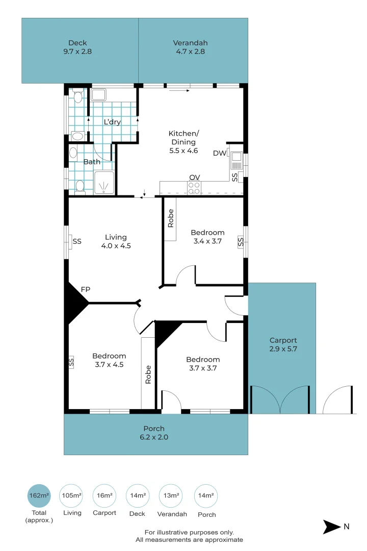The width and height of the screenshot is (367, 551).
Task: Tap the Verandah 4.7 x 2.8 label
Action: pos(190,47)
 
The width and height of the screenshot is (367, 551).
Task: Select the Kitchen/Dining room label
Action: pos(182,142)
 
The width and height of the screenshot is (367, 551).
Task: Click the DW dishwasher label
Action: pos(219,153)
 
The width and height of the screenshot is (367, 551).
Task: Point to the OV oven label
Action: pos(194,177)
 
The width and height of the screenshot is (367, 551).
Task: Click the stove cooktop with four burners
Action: pos(194,188)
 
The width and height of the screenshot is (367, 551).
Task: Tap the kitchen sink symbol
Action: pos(235,161)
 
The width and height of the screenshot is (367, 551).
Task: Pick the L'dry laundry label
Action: pos(112,122)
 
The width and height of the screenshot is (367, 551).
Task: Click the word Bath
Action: pos(92,162)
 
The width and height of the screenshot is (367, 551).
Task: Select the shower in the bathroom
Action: pos(104,183)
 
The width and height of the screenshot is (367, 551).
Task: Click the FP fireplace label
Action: pos(86,290)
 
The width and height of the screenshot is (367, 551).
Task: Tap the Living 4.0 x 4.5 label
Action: pos(116,241)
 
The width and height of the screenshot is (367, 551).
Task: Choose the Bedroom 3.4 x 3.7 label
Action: pos(207,237)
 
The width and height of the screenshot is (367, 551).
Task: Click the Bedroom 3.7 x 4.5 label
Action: pos(109,360)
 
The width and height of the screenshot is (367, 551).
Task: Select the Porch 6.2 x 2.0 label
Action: pos(153,433)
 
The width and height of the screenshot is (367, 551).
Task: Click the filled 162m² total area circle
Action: pos(39,495)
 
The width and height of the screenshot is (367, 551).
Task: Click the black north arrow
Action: pos(331,527)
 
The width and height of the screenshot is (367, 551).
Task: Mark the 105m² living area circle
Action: pos(71,495)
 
